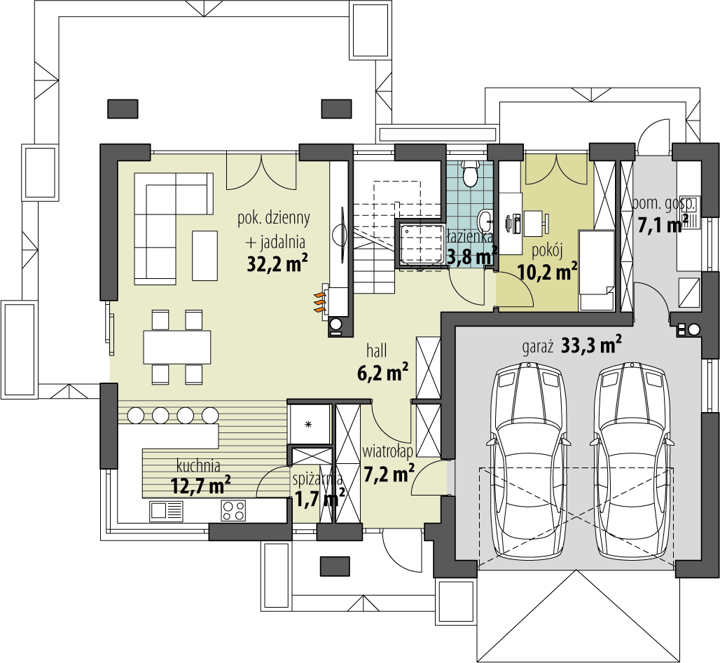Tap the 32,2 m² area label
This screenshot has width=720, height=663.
pos(277,264)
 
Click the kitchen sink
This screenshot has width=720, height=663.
pos(166,511)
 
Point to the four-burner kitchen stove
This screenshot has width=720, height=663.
pos(233,511)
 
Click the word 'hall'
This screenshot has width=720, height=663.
pos(377,352)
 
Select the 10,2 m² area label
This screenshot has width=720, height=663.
pos(547,271)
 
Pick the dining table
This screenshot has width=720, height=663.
pos(176,347)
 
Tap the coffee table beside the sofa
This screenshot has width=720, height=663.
pos(205,256)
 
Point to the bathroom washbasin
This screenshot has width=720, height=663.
pos(485,221)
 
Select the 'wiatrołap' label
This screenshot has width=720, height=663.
pos(387,452)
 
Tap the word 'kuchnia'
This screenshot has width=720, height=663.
pos(198,466)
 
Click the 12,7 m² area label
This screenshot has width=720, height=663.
pos(200,485)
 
